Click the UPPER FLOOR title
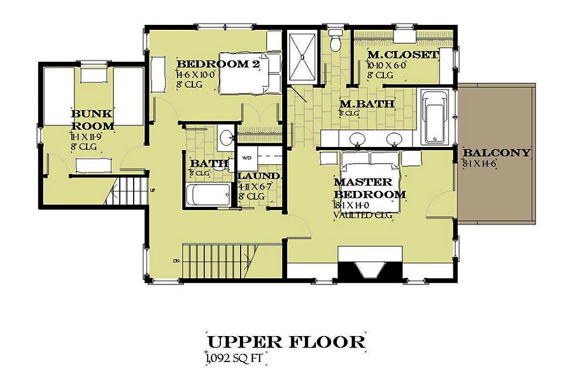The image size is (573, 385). tap(286, 342)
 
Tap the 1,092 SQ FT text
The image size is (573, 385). tap(234, 358)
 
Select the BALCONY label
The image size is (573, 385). tap(497, 153)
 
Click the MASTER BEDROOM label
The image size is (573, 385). tap(370, 188)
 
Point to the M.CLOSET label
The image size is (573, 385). tap(403, 55)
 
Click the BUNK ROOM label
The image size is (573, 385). tap(93, 120)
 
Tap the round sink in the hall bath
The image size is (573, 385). tap(224, 137)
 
